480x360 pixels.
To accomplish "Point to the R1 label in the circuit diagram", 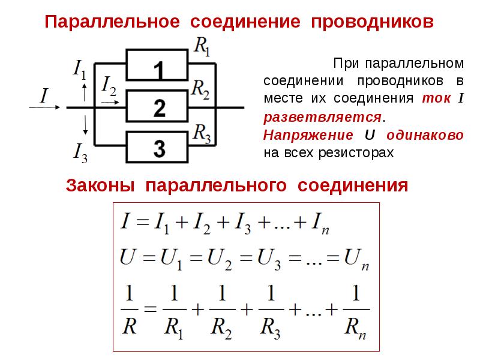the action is [202, 47].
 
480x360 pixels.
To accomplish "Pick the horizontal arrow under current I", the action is [44, 107].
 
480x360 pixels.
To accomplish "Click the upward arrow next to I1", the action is [85, 92].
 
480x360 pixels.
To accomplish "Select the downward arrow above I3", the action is [85, 125].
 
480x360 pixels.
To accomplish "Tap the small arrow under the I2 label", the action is [110, 102].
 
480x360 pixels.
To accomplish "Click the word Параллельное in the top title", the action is [112, 22].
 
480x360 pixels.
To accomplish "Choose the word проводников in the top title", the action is [372, 22].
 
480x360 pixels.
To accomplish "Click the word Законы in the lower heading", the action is [100, 185].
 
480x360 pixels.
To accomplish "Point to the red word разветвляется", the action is [322, 117].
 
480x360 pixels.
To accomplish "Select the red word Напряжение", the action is [308, 135].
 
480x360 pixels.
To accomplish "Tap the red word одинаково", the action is [425, 136].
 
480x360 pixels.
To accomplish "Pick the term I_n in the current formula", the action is [320, 223].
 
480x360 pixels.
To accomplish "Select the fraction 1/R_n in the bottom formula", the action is [356, 311].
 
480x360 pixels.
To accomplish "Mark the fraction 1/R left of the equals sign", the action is [129, 310].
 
